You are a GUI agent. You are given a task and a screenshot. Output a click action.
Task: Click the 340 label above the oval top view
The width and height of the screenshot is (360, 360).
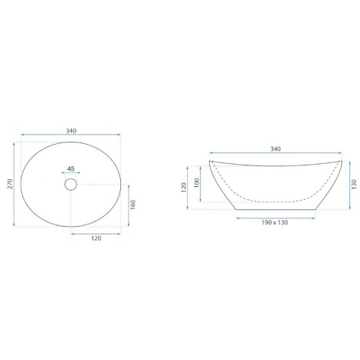coord(71,131)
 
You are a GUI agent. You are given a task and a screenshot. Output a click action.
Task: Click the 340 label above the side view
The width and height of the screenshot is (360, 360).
coord(275,149)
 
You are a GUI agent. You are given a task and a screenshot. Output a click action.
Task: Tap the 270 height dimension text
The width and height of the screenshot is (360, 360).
coord(10,184)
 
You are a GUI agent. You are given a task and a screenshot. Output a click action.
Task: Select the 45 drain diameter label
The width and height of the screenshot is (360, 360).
coord(70,169)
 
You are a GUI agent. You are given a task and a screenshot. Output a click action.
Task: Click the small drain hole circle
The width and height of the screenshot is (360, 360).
coord(70,185)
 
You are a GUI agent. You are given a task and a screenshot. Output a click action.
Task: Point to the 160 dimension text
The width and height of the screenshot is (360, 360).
coord(133,205)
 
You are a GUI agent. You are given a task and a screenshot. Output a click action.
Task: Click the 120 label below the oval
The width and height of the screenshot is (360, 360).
coord(96,238)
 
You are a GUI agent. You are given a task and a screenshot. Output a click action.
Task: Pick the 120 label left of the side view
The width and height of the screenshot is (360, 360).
coord(184,188)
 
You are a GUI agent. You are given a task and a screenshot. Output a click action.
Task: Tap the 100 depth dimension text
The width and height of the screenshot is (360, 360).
coord(197,183)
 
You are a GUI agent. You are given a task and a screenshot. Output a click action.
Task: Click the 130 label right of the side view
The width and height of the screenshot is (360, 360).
coord(354,185)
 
